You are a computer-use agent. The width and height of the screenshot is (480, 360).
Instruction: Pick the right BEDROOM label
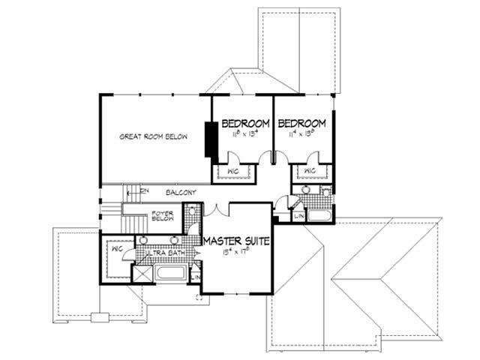point(301,124)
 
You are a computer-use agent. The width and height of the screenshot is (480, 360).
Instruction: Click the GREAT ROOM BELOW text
point(153,137)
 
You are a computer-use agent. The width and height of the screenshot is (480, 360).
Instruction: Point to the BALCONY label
point(181,193)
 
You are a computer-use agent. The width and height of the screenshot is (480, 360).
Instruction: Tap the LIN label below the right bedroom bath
point(298,216)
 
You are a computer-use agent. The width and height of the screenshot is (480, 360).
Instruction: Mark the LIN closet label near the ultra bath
point(196,278)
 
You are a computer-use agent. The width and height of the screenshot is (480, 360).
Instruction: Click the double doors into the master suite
point(213,208)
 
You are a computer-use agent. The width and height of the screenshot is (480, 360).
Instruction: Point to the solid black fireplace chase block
point(211,138)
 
